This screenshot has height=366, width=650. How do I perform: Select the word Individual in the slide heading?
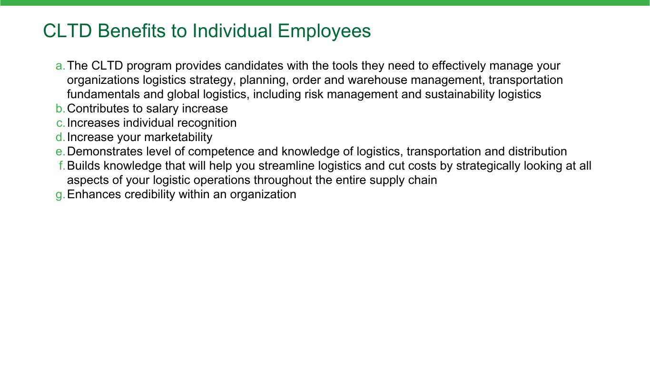[x=232, y=31]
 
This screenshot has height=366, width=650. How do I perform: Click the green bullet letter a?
[x=60, y=66]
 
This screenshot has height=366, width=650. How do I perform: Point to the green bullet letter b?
[x=60, y=109]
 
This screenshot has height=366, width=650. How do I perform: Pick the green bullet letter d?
[x=60, y=137]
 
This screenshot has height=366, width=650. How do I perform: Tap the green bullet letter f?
[x=62, y=165]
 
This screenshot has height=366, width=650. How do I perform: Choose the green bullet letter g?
[x=60, y=195]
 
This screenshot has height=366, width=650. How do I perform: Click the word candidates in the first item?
[x=254, y=66]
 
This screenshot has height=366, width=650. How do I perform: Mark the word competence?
[x=221, y=152]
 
